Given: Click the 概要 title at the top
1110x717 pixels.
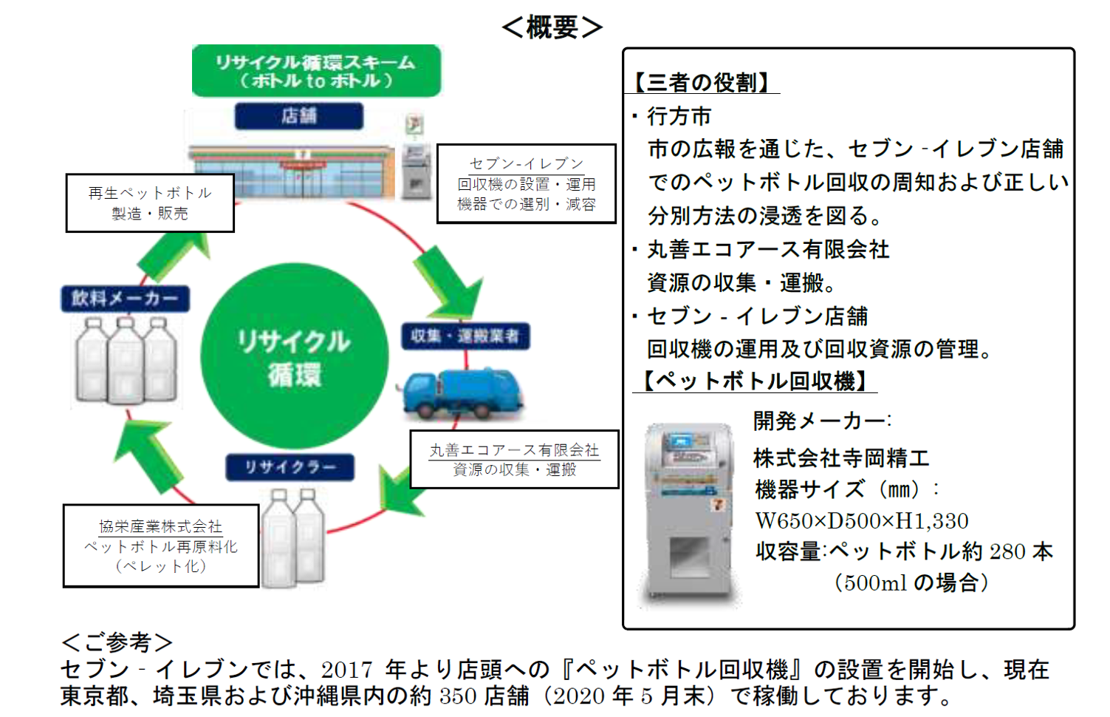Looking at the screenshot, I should (552, 27).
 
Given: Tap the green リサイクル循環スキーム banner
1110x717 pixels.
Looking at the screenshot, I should (316, 71).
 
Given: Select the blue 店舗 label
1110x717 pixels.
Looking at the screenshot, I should (299, 116).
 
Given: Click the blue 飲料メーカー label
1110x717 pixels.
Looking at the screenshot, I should (125, 299).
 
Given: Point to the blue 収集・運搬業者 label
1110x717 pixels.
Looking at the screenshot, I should (465, 336).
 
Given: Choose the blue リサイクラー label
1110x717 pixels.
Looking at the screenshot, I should (290, 467).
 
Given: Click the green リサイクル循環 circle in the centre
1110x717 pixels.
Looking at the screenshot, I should (294, 356).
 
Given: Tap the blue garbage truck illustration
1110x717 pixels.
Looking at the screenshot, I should (462, 392).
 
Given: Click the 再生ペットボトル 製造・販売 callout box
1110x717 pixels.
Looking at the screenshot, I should (150, 203).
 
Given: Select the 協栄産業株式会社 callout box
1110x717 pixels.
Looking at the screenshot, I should (161, 546).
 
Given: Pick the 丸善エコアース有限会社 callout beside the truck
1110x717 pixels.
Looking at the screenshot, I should (514, 459).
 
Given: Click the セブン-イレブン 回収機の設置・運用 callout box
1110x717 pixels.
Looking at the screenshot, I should (526, 183).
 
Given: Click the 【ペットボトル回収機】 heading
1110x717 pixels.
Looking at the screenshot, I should (755, 381).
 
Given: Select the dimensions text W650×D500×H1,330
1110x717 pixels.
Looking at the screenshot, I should (861, 521).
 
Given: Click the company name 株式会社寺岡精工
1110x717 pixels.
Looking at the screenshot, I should (841, 458).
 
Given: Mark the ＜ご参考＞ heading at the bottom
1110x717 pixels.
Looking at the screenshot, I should (117, 642).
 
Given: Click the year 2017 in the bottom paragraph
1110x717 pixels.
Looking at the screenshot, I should (347, 670).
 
